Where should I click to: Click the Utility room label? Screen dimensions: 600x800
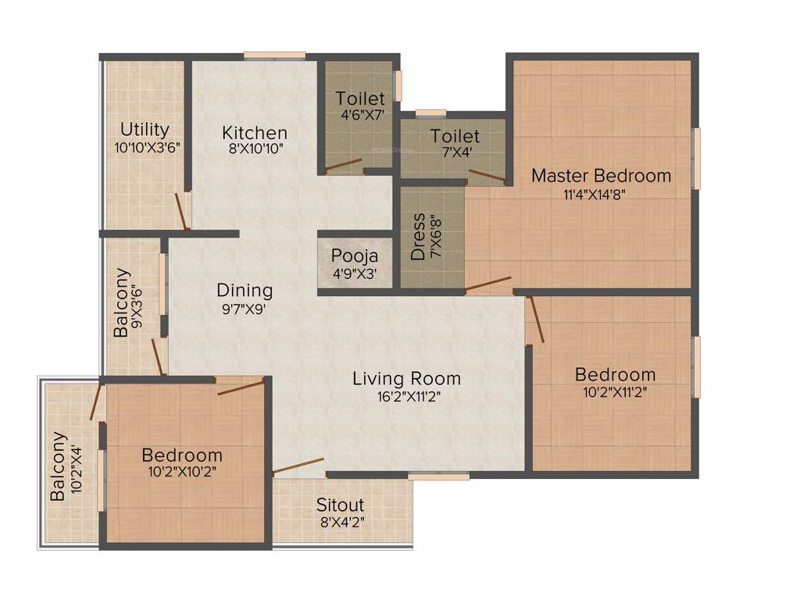pyautogui.click(x=145, y=129)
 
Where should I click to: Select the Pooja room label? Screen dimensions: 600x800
pyautogui.click(x=355, y=255)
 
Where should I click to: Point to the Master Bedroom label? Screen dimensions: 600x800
pyautogui.click(x=601, y=175)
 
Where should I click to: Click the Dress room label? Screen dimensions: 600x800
pyautogui.click(x=419, y=237)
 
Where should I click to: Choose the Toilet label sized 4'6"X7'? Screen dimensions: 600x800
pyautogui.click(x=360, y=98)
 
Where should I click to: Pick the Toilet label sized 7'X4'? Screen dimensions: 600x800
pyautogui.click(x=455, y=137)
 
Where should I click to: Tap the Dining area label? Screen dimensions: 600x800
pyautogui.click(x=245, y=291)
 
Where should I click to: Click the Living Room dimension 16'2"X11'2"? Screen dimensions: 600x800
pyautogui.click(x=406, y=396)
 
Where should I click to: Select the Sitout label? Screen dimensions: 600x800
pyautogui.click(x=340, y=505)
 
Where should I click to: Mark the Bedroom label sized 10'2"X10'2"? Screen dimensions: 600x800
pyautogui.click(x=182, y=455)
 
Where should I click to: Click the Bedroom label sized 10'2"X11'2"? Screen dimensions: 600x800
pyautogui.click(x=615, y=374)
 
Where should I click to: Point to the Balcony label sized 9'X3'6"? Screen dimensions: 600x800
pyautogui.click(x=122, y=302)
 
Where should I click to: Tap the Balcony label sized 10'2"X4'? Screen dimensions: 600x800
pyautogui.click(x=59, y=466)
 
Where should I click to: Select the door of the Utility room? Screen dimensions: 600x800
pyautogui.click(x=182, y=211)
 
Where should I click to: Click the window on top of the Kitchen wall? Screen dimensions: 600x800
pyautogui.click(x=274, y=55)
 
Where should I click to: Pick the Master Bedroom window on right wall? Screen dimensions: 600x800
pyautogui.click(x=696, y=159)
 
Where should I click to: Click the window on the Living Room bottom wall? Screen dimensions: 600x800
pyautogui.click(x=438, y=475)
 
